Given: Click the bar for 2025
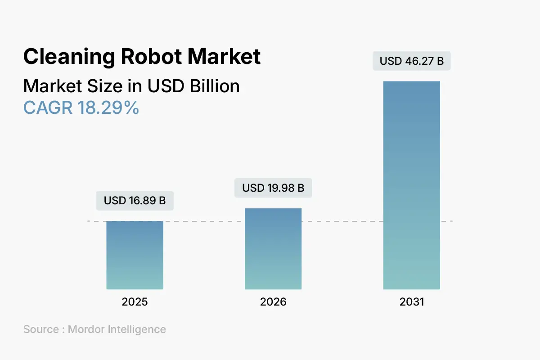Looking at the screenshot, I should pyautogui.click(x=135, y=255).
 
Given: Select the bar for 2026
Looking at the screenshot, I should pyautogui.click(x=273, y=249).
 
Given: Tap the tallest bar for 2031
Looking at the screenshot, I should pyautogui.click(x=411, y=185).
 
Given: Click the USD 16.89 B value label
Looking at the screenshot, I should pyautogui.click(x=135, y=201).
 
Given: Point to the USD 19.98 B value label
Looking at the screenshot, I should pyautogui.click(x=273, y=188).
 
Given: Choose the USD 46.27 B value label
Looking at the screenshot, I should pyautogui.click(x=411, y=61).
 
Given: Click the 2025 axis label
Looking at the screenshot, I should pyautogui.click(x=135, y=302).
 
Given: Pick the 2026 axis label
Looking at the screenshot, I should pyautogui.click(x=273, y=302).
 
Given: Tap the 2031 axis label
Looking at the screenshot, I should pyautogui.click(x=411, y=302).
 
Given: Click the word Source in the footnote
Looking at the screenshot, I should pyautogui.click(x=40, y=329).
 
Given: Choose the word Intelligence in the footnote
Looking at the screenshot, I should pyautogui.click(x=137, y=329).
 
